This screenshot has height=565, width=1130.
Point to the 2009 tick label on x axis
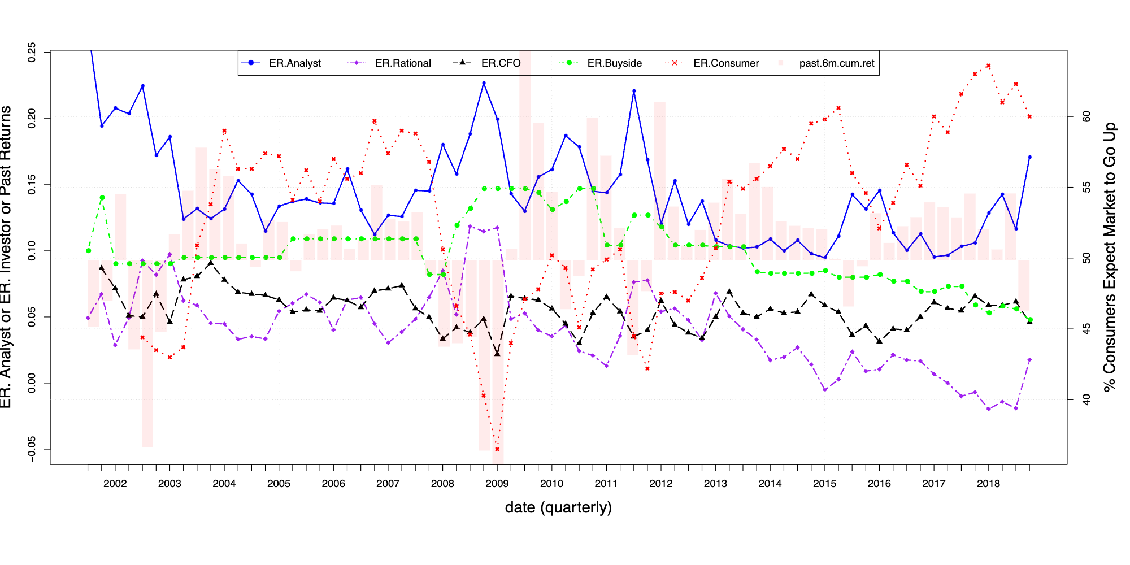pos(497,484)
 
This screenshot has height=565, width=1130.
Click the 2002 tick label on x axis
pos(115,484)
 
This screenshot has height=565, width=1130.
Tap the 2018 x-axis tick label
pos(988,484)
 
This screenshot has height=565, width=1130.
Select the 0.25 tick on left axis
pos(32,52)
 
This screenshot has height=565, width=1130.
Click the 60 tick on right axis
pos(1086,117)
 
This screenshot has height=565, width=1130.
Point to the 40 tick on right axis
pos(1086,400)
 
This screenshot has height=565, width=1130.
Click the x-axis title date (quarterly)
pos(558,507)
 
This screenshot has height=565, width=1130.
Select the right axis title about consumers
pos(1110,257)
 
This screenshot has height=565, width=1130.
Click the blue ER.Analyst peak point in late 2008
pos(484,83)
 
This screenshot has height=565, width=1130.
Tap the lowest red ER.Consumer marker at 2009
pos(497,449)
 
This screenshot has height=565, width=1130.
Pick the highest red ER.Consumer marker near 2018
pos(988,66)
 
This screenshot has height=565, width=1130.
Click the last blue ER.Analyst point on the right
pos(1029,157)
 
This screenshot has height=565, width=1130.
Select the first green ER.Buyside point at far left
pos(88,251)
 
